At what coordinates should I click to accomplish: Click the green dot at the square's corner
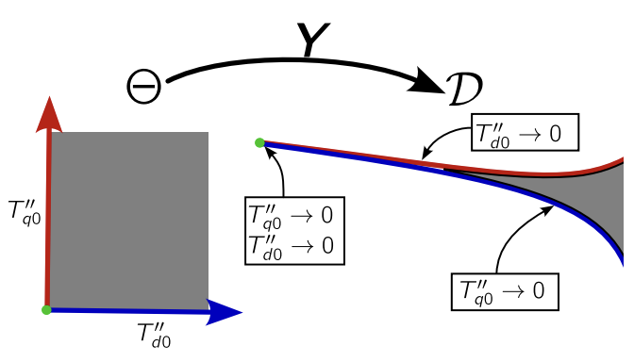[46, 309]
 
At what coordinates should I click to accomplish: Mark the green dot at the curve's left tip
[259, 142]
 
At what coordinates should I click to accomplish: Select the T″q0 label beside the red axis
[25, 212]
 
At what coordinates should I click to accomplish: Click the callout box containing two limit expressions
[293, 230]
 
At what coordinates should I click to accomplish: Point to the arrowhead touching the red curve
[425, 155]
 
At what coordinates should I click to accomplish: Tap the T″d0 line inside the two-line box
[293, 245]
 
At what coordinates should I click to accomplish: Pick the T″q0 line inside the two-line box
[293, 215]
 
